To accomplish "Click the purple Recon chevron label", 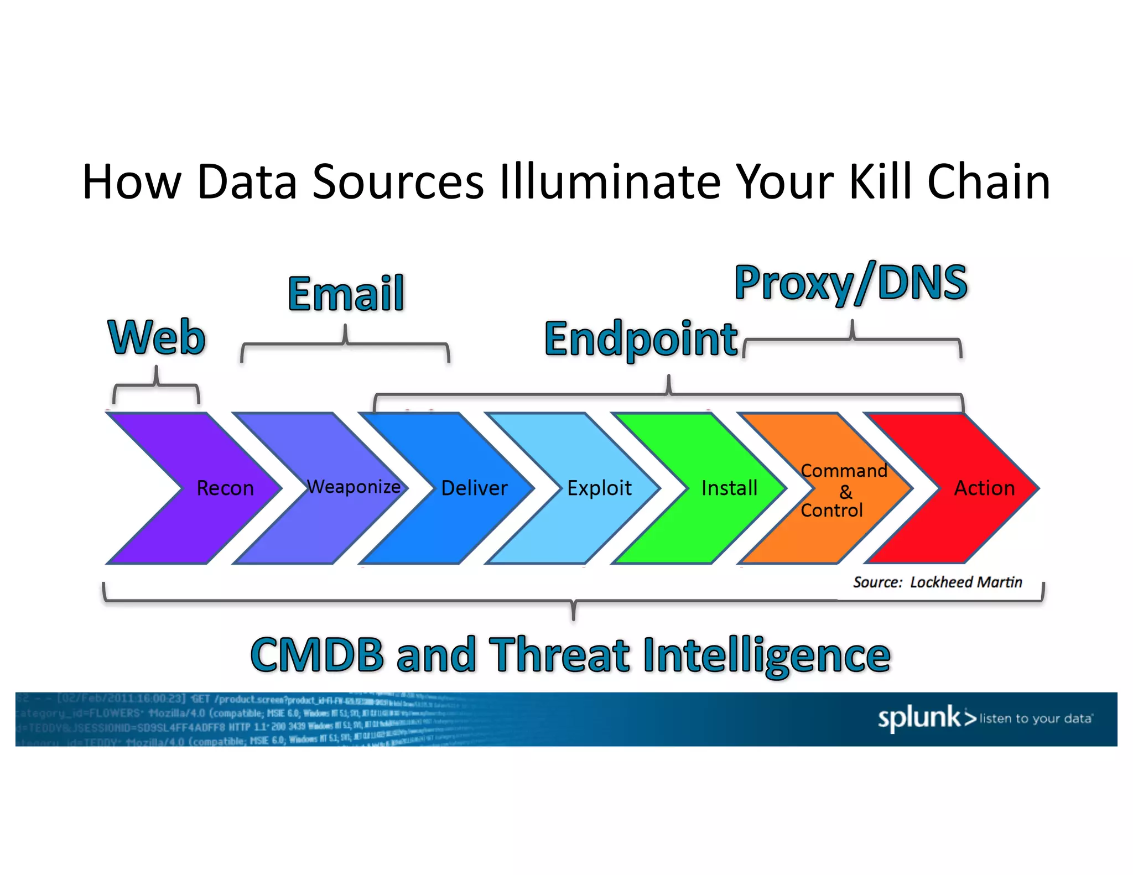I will tap(225, 488).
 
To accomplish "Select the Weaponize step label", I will tap(354, 487).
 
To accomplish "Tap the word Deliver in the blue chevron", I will tap(474, 488).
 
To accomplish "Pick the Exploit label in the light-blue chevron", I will tap(599, 488).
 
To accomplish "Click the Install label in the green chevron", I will tap(729, 488).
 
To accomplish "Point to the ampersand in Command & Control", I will tap(845, 491).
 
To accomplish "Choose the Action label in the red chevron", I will tap(984, 488).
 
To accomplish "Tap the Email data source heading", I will tap(346, 294).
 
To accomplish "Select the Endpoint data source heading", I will tap(641, 339).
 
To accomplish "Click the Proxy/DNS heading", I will tap(851, 283).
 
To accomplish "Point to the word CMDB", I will tap(317, 655).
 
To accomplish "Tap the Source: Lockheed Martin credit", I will tap(937, 582).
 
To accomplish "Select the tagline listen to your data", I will tap(1036, 718).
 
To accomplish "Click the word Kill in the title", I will tap(881, 182).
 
